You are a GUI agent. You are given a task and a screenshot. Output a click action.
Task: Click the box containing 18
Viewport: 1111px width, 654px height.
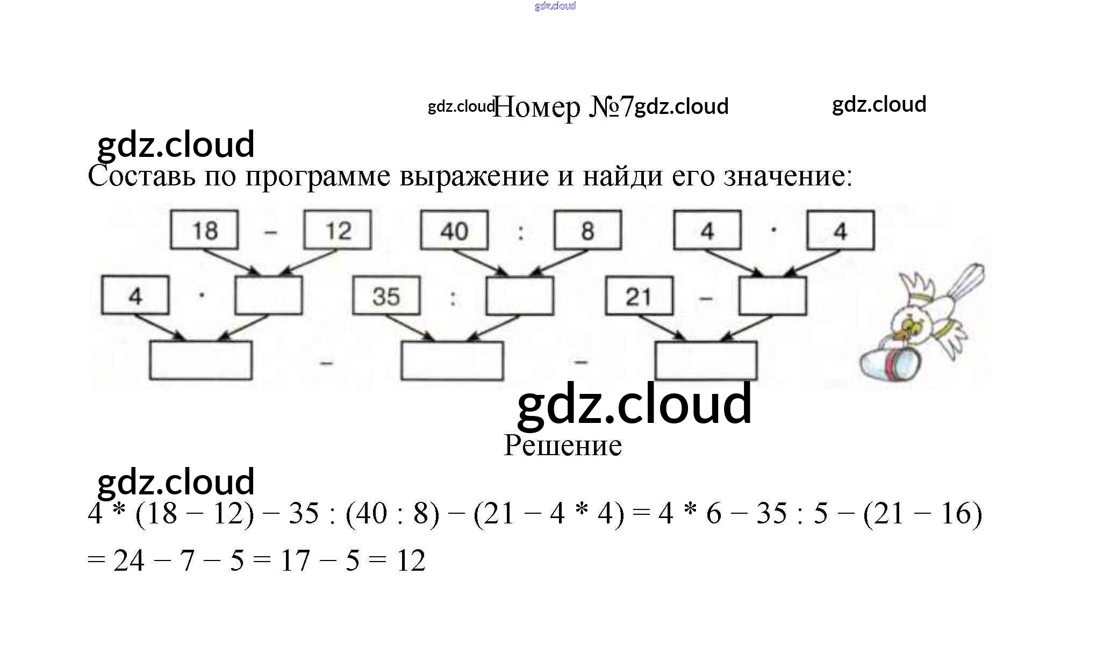click(x=204, y=230)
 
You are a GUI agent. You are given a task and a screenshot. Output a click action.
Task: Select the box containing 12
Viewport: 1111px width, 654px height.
click(x=338, y=230)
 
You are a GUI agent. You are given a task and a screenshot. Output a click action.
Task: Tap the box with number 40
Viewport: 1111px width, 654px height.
click(x=454, y=230)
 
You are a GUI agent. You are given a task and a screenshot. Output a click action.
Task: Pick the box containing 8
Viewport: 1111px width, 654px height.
click(x=587, y=230)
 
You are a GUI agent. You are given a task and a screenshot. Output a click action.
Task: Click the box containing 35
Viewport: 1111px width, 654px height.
click(x=386, y=296)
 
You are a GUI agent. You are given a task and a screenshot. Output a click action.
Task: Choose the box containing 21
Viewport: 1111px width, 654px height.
click(x=639, y=296)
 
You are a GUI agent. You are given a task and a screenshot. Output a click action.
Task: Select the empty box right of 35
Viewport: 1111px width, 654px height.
click(x=520, y=296)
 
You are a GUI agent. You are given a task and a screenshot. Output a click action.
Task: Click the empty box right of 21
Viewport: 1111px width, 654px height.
click(x=772, y=296)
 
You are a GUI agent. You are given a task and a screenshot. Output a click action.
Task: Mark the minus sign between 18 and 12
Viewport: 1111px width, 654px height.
click(x=271, y=232)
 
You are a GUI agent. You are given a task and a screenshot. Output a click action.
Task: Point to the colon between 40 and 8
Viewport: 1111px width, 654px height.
click(x=521, y=232)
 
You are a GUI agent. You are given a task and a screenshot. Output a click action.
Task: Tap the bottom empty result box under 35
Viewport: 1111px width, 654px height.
click(x=452, y=361)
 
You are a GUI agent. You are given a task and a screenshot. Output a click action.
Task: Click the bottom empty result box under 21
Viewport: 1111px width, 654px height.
click(x=706, y=361)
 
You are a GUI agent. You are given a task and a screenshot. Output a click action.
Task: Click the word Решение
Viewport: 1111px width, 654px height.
click(x=563, y=445)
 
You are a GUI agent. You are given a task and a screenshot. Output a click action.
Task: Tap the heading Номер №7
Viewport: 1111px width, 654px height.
click(x=563, y=106)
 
